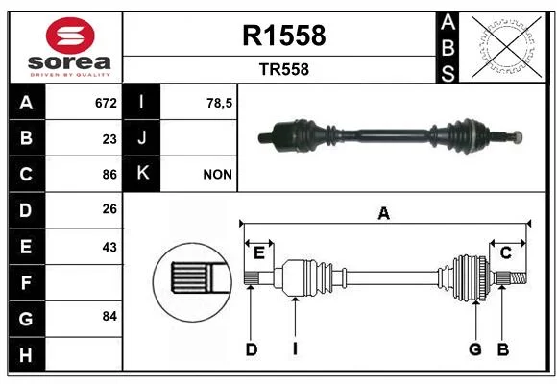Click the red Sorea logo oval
click(x=70, y=36)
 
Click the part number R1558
click(x=284, y=36)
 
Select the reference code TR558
click(x=284, y=69)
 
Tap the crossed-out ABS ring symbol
click(x=507, y=47)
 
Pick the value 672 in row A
click(x=106, y=103)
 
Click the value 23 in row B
click(x=109, y=139)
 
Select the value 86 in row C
click(x=109, y=175)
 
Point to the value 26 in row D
click(x=109, y=209)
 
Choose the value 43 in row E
click(x=109, y=247)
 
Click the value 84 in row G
click(x=109, y=316)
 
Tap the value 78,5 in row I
click(x=219, y=104)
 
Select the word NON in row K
click(x=217, y=175)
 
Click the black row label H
click(x=27, y=354)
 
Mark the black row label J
click(x=141, y=138)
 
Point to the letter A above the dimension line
click(x=383, y=214)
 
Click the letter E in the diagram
click(x=259, y=253)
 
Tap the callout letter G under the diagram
click(x=475, y=349)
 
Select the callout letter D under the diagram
click(x=252, y=349)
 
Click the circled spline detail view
click(x=192, y=282)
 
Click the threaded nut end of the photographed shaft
click(x=518, y=136)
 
